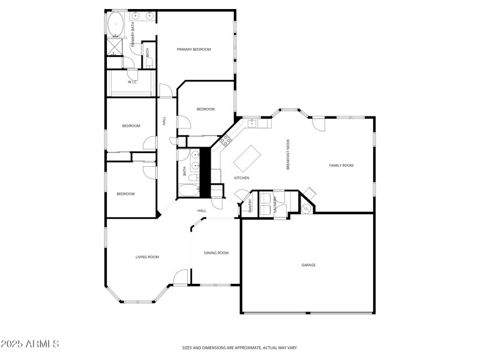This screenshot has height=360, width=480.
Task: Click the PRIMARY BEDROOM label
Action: [194, 49]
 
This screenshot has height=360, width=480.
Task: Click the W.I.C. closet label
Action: [133, 82]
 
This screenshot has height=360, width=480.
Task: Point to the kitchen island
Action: [246, 157]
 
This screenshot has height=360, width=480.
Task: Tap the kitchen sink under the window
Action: [253, 124]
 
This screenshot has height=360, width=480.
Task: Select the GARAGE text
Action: [308, 265]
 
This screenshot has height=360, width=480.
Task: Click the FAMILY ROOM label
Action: [341, 165]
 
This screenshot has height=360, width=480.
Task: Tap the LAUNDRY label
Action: [276, 205]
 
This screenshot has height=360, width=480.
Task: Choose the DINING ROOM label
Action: [216, 253]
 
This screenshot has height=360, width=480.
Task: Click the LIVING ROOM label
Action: [147, 257]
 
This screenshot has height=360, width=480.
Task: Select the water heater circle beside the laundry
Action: [307, 208]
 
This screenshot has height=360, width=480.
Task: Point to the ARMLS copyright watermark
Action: [30, 344]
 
